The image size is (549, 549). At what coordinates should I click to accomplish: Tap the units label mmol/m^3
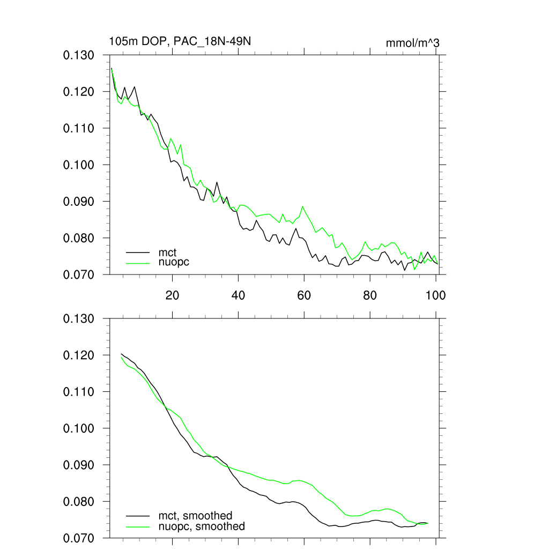pos(412,43)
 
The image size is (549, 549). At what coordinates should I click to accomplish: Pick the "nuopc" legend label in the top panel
pos(174,262)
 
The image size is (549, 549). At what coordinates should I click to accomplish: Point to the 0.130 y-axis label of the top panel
pos(79,56)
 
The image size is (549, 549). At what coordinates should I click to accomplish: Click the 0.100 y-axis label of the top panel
pos(79,165)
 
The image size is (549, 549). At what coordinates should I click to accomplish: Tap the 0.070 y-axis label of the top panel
pos(79,274)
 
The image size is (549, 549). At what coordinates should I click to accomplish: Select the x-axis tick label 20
pos(172,295)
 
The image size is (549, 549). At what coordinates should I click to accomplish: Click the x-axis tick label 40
pos(238,295)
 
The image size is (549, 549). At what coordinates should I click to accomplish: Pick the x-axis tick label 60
pos(304,295)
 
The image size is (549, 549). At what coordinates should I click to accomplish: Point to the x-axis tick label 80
pos(370,295)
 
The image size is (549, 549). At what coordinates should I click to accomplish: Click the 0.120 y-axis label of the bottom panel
pos(79,355)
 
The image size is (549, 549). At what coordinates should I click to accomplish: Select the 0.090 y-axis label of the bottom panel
pos(79,465)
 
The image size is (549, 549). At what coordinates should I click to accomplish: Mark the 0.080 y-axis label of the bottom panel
pos(79,502)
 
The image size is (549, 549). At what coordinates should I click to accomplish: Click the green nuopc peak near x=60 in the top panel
pos(303,206)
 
